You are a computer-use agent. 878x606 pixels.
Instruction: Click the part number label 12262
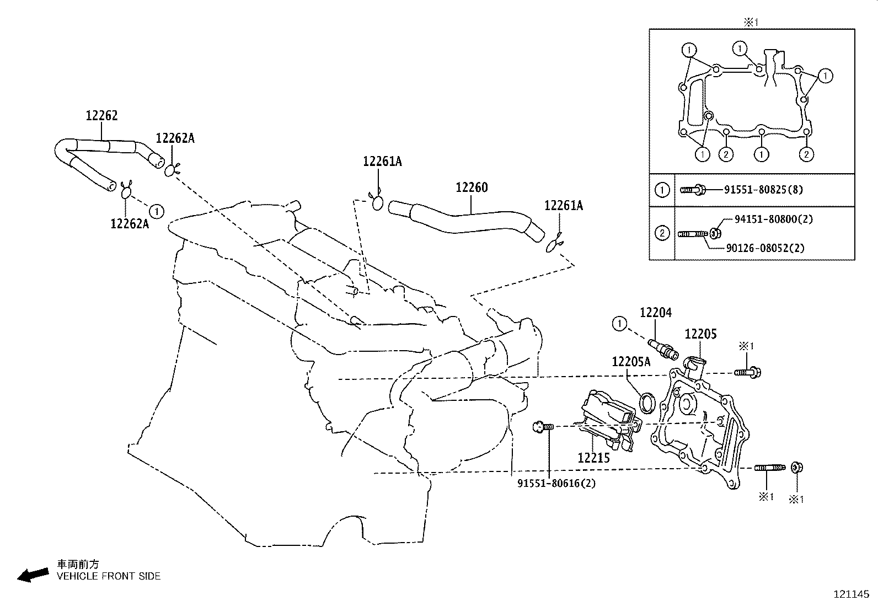(x=101, y=115)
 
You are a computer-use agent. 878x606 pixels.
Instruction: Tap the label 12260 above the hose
(x=472, y=187)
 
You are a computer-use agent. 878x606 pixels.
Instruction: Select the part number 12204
(x=656, y=313)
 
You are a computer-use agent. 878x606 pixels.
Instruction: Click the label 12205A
(x=631, y=361)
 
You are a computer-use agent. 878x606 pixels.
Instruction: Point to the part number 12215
(x=594, y=458)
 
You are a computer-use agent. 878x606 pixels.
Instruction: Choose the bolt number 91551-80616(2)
(x=556, y=483)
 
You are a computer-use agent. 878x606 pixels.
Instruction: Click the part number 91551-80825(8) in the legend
(x=763, y=190)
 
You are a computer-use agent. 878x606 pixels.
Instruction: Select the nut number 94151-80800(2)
(x=774, y=219)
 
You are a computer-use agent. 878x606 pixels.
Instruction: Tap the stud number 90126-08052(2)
(x=765, y=248)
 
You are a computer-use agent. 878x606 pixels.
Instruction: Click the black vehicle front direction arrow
(x=33, y=575)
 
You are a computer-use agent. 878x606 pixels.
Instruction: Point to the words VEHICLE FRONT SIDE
(x=109, y=576)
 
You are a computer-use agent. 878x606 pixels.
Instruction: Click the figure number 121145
(x=852, y=594)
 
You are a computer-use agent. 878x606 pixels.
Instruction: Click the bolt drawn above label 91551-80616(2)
(x=543, y=426)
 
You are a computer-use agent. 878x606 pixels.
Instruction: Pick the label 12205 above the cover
(x=700, y=334)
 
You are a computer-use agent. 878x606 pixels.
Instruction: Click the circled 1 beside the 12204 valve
(x=619, y=324)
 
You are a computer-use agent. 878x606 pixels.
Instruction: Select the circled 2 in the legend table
(x=662, y=233)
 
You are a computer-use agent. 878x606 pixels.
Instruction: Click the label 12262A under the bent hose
(x=130, y=224)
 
